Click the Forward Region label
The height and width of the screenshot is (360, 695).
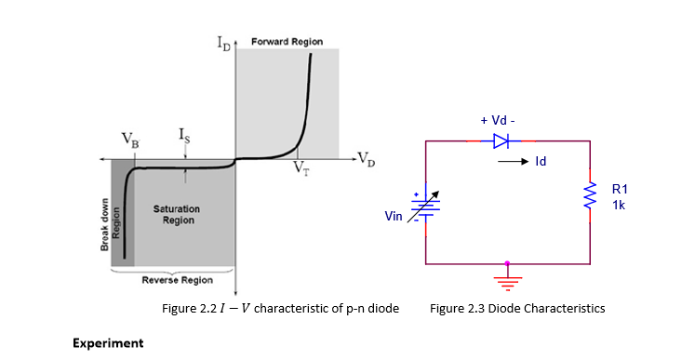(x=287, y=41)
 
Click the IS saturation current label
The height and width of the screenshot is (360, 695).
(x=185, y=136)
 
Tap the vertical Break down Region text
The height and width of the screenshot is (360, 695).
(x=110, y=224)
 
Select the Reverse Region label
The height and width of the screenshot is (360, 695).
(x=176, y=280)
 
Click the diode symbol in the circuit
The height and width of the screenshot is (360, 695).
(x=501, y=141)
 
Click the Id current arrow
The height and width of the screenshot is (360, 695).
(x=512, y=162)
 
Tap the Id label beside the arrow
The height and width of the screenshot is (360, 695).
(x=540, y=162)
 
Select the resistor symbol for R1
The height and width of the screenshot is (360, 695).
(x=588, y=196)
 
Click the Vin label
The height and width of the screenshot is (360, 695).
(x=394, y=216)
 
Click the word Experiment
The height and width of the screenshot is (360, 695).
(x=108, y=343)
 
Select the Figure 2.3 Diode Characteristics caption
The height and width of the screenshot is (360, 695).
(x=517, y=308)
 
